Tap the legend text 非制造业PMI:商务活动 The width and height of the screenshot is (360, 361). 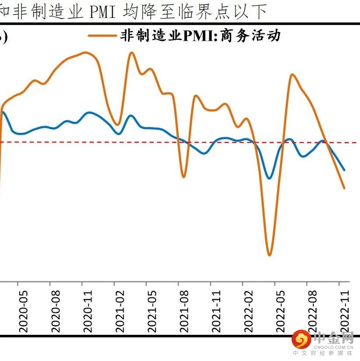tap(200, 35)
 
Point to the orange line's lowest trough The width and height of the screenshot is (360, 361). tap(269, 255)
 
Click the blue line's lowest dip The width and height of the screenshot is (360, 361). tap(270, 178)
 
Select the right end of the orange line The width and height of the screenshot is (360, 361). tap(345, 188)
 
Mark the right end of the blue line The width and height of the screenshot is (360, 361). tap(344, 170)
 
